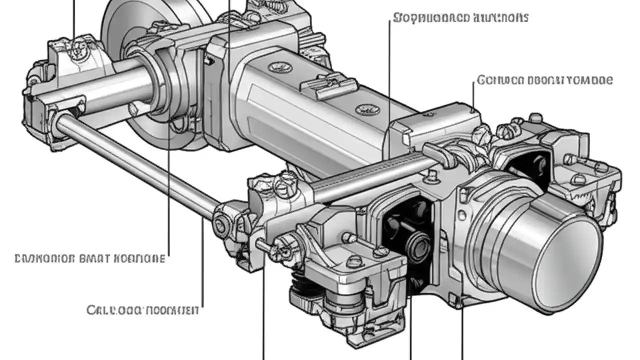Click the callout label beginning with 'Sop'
coord(460,17)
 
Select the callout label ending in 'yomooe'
coord(544,80)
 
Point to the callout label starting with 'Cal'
coord(142,310)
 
